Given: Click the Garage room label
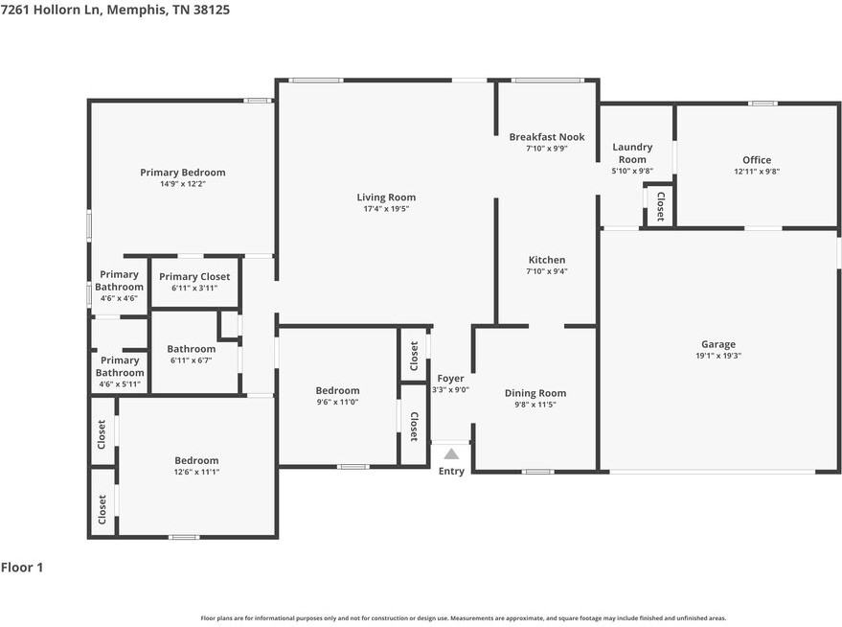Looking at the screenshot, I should tap(718, 344).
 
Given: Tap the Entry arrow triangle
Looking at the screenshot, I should tap(451, 454).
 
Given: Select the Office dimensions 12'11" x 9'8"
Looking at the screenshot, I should tap(757, 172).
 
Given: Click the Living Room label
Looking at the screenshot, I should tap(386, 197).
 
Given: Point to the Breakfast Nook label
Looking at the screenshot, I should tap(546, 137).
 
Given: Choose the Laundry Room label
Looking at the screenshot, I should tap(632, 153).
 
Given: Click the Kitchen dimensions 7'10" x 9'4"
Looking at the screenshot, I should tap(547, 271).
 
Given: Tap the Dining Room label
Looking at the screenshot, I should tap(535, 393).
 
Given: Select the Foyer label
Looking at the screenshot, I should tap(450, 379).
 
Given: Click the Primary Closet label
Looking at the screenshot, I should tap(194, 276).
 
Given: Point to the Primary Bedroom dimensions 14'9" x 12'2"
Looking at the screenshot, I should tap(183, 184).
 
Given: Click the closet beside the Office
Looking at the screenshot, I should tap(659, 206).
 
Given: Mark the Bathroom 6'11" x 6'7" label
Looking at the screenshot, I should tap(192, 349).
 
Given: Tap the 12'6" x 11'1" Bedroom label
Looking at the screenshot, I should tap(196, 460).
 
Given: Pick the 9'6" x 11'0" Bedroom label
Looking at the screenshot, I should tap(338, 390).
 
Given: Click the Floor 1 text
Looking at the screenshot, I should tap(22, 568).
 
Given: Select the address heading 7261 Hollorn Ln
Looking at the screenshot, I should tap(114, 9).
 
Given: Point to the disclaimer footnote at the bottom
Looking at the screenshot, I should tap(463, 618).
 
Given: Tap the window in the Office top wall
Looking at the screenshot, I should tap(762, 104).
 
